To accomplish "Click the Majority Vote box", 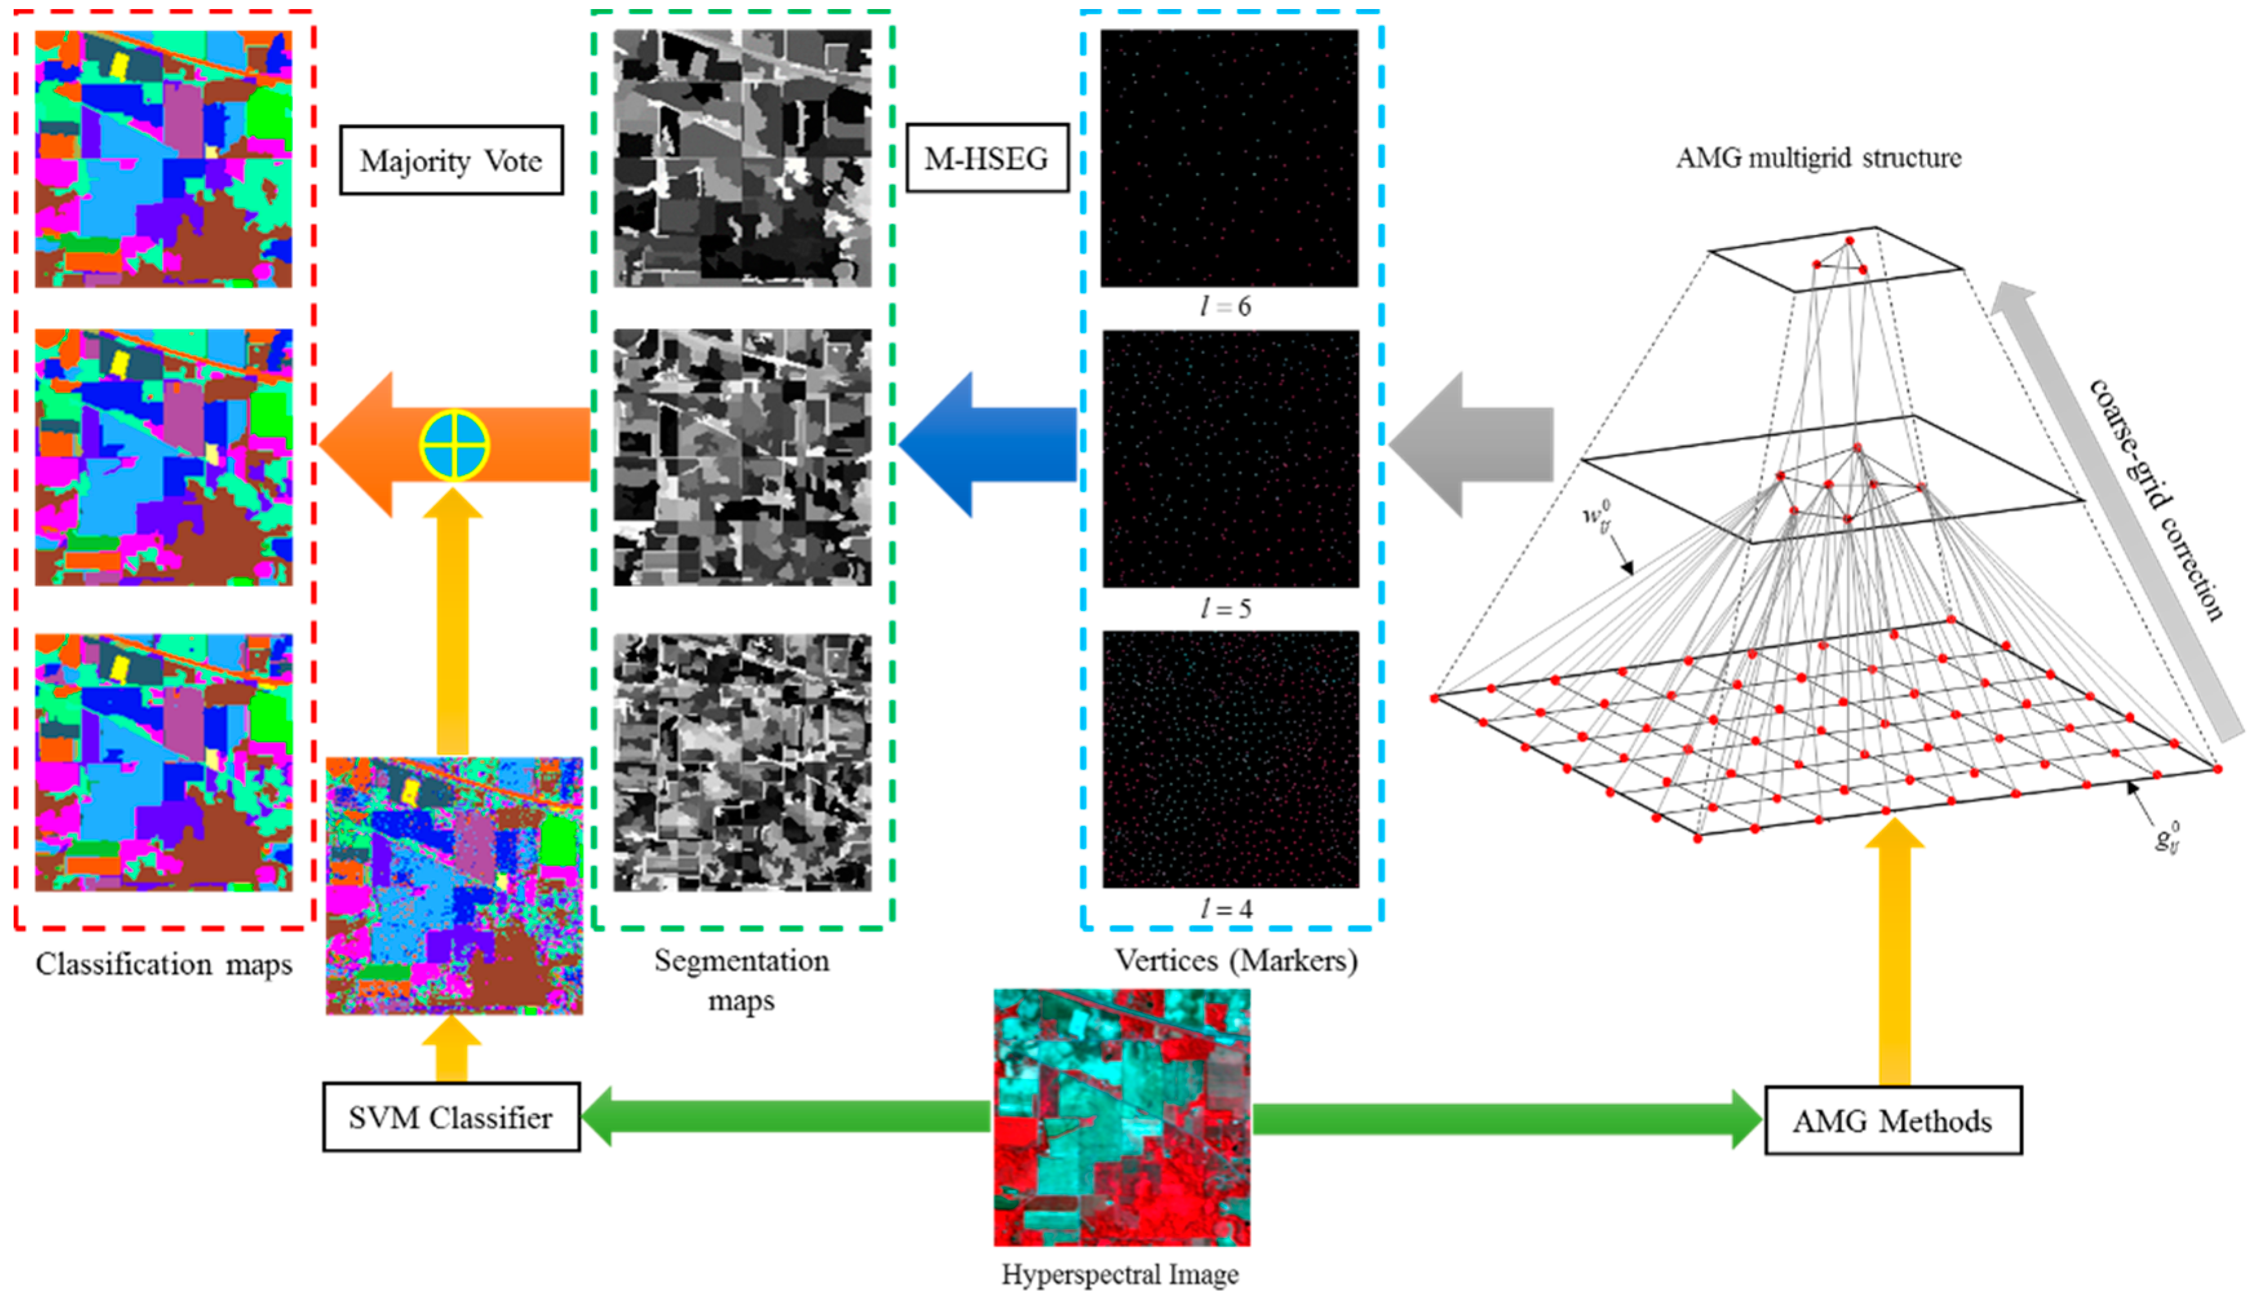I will pyautogui.click(x=451, y=160).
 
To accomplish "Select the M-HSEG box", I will pyautogui.click(x=987, y=159).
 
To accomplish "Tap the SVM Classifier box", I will pyautogui.click(x=451, y=1117).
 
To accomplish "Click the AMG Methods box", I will pyautogui.click(x=1893, y=1120).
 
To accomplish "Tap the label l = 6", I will pyautogui.click(x=1226, y=307).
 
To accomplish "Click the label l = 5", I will pyautogui.click(x=1226, y=609).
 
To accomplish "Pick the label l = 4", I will pyautogui.click(x=1226, y=909).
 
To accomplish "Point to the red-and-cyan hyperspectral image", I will pyautogui.click(x=1122, y=1117).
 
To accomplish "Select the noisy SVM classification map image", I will pyautogui.click(x=455, y=886).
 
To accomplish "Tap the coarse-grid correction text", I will pyautogui.click(x=2156, y=499).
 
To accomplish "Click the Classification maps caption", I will pyautogui.click(x=164, y=965).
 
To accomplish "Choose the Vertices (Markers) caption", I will pyautogui.click(x=1236, y=961).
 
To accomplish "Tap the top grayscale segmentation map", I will pyautogui.click(x=742, y=159).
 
